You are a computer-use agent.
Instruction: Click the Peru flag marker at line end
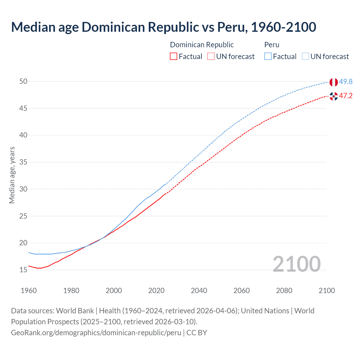tap(334, 82)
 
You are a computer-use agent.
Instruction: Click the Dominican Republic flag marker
tap(334, 96)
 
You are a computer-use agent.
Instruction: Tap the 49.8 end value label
tap(346, 82)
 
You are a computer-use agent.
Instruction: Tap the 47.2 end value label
tap(346, 96)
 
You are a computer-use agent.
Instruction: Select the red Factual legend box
tap(174, 57)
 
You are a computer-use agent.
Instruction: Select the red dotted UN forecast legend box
tap(211, 57)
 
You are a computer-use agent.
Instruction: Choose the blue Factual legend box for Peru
tap(268, 57)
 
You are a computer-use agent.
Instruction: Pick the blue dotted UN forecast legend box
tap(305, 57)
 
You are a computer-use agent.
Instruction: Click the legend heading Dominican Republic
tap(202, 45)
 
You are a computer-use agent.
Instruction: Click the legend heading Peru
tap(272, 45)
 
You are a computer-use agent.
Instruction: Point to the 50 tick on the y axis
tap(23, 82)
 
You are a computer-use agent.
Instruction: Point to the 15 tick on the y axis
tap(23, 270)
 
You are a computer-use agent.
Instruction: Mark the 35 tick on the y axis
tap(23, 162)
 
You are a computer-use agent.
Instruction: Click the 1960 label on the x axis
tap(29, 291)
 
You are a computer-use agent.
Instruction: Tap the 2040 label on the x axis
tap(199, 291)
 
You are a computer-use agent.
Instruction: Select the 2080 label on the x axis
tap(284, 291)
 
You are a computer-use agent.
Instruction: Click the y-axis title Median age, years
tap(12, 175)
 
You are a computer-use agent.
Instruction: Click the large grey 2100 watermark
tap(296, 264)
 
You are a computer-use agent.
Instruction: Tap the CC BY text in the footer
tap(197, 333)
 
